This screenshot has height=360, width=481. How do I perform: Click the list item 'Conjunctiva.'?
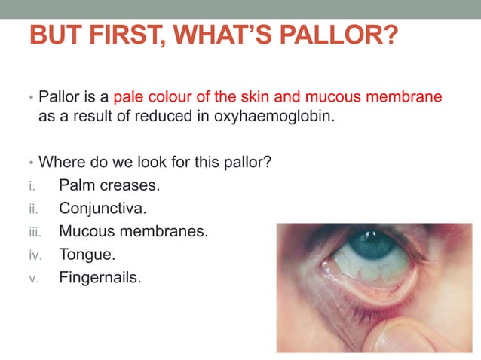pyautogui.click(x=103, y=208)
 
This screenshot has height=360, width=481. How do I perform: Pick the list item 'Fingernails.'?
pyautogui.click(x=100, y=278)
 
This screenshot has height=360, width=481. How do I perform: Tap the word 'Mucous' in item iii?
pyautogui.click(x=85, y=231)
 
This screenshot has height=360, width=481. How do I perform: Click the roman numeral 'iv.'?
pyautogui.click(x=34, y=255)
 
